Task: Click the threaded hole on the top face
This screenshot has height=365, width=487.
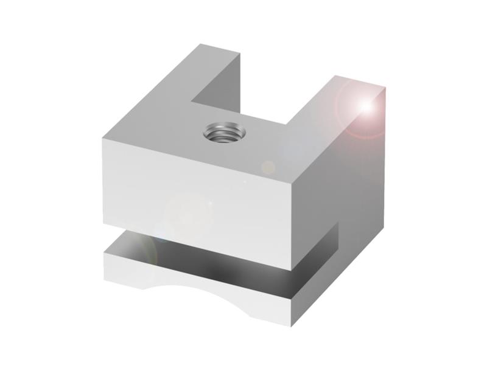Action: coord(223,131)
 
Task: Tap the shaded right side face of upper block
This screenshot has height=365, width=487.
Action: coord(341,176)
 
